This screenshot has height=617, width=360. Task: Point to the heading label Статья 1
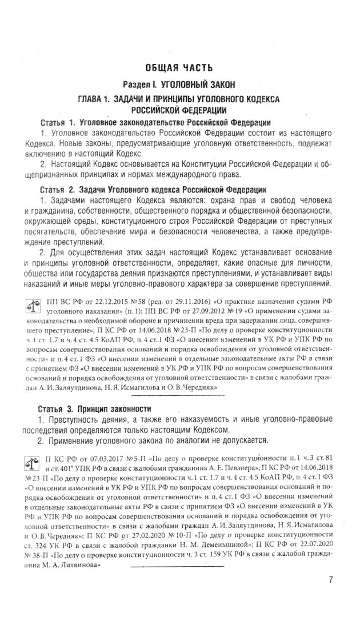(x=58, y=123)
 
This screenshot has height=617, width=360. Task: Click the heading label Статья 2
(x=58, y=189)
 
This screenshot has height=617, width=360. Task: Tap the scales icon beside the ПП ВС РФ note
(x=34, y=306)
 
